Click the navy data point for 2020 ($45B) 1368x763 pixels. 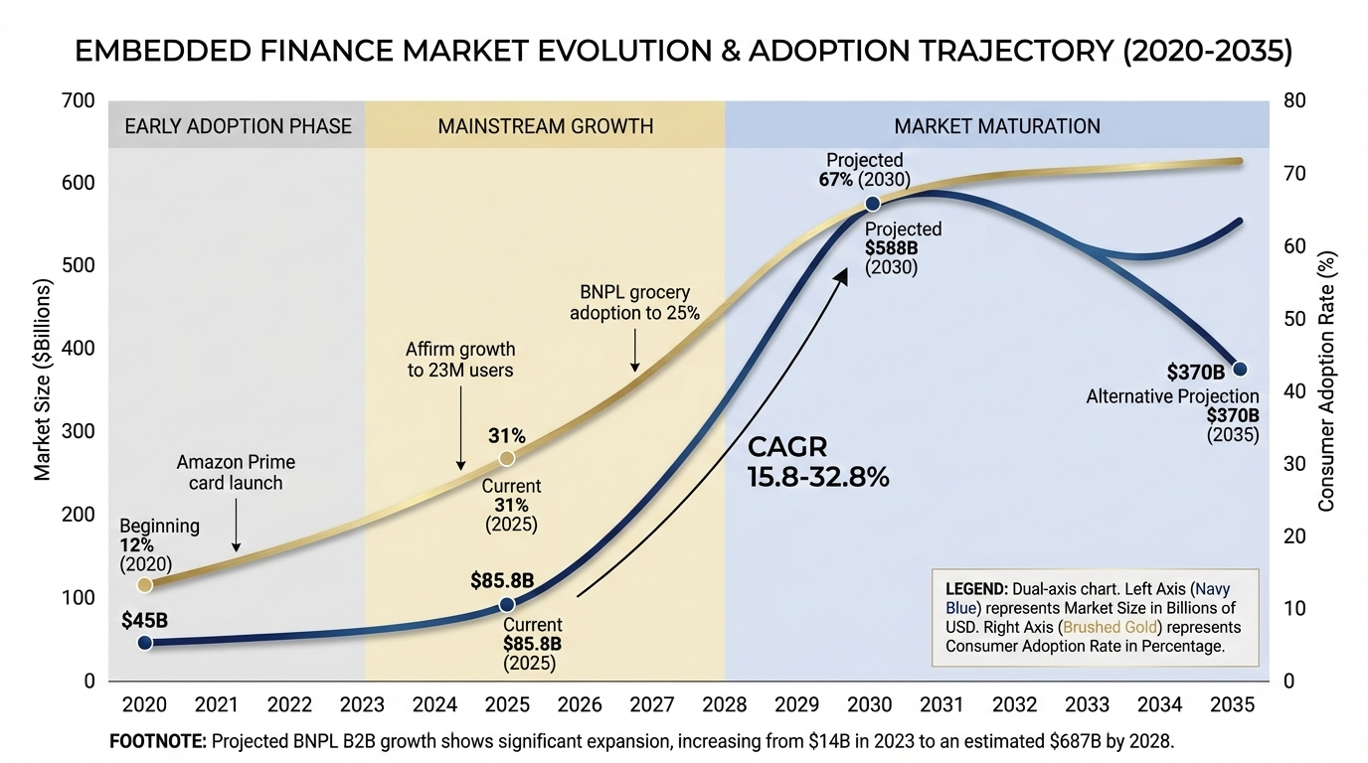tap(145, 642)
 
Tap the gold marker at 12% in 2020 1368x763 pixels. tap(145, 585)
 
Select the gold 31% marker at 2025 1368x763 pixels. tap(507, 458)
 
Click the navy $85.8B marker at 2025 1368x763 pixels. tap(507, 604)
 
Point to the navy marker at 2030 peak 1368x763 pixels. tap(873, 204)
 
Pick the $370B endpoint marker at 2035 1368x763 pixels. tap(1240, 369)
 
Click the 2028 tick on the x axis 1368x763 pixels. tap(725, 704)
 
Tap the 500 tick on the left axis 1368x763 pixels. tap(79, 265)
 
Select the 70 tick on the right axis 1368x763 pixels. tap(1294, 173)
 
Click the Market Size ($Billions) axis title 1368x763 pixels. tap(42, 380)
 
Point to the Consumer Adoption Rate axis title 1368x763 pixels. tap(1326, 381)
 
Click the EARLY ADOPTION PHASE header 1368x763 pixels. tap(239, 126)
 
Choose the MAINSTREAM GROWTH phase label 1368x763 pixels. tap(546, 126)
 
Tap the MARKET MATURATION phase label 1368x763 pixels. tap(997, 126)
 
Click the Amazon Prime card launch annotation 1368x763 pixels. tap(236, 473)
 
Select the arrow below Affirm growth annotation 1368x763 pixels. tap(460, 427)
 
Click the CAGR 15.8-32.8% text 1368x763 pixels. tap(818, 462)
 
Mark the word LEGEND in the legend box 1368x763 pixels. tap(976, 589)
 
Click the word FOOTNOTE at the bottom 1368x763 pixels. tap(158, 741)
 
